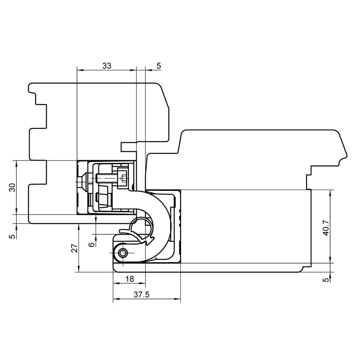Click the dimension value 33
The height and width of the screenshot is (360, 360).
click(107, 66)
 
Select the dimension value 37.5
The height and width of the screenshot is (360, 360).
click(141, 294)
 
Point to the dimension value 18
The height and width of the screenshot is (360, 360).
click(130, 279)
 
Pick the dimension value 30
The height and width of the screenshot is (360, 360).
click(13, 188)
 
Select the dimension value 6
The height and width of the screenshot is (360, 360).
click(91, 245)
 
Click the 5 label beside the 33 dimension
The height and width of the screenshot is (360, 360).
click(159, 66)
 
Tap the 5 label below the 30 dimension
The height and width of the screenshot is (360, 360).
click(13, 236)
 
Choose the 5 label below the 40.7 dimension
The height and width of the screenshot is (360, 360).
click(326, 280)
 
